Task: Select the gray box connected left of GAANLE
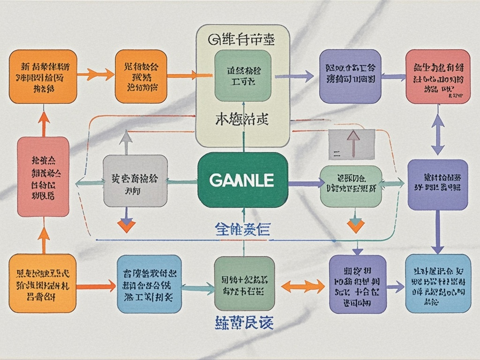pyautogui.click(x=135, y=181)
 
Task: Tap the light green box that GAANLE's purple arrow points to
pyautogui.click(x=351, y=186)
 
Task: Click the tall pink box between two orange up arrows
pyautogui.click(x=43, y=177)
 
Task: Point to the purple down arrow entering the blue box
pyautogui.click(x=438, y=232)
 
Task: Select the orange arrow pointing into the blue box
pyautogui.click(x=96, y=285)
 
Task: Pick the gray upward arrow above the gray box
pyautogui.click(x=126, y=142)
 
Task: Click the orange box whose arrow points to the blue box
pyautogui.click(x=42, y=283)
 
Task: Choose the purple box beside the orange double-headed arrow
pyautogui.click(x=358, y=284)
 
